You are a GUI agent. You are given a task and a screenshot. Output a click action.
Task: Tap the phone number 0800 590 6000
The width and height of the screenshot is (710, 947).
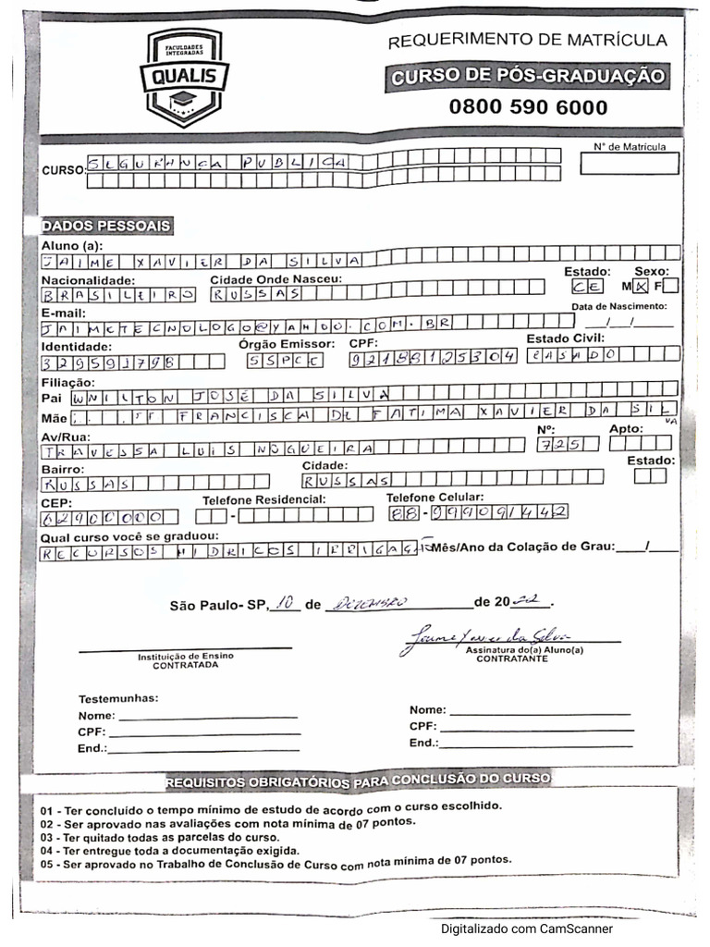[x=528, y=106]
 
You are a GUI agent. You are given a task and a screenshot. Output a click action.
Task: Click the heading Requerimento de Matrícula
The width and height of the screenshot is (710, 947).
[x=527, y=40]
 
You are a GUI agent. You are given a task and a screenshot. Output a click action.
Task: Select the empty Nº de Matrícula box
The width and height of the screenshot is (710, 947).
[x=629, y=164]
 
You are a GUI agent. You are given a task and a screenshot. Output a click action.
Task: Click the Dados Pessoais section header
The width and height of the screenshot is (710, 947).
[x=106, y=226]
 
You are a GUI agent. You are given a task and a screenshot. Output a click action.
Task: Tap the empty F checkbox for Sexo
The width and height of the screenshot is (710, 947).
[x=670, y=286]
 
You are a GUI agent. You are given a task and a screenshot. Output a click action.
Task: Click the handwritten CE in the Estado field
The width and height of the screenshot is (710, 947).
[x=587, y=287]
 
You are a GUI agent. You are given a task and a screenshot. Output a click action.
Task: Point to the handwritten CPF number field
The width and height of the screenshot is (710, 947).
[x=433, y=358]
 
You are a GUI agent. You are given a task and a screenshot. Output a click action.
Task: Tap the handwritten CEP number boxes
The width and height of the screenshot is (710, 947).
[x=109, y=516]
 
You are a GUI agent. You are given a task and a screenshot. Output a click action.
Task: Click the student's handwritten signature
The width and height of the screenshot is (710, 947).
[x=484, y=637]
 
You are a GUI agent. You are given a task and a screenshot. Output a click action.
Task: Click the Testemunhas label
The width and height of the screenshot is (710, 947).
[x=118, y=698]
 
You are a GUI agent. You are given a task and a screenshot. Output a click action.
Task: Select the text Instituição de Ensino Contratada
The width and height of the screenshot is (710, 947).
[x=185, y=660]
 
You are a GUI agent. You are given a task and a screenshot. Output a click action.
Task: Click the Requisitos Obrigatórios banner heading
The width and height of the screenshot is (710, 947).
[x=357, y=781]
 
